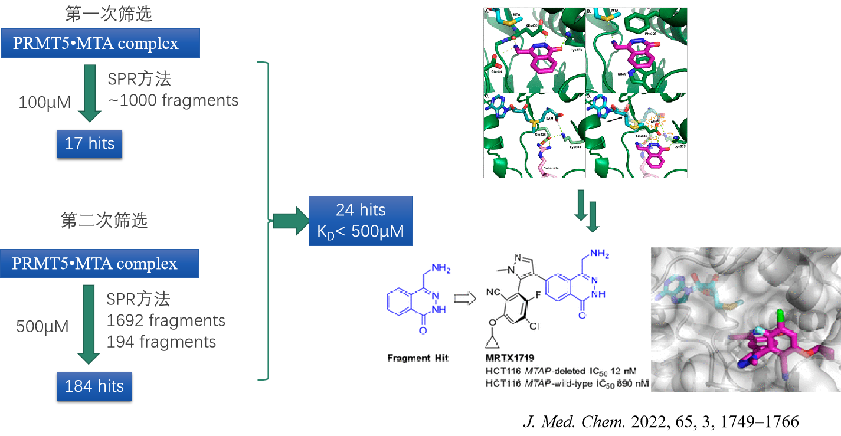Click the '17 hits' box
click(90, 143)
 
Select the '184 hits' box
click(94, 386)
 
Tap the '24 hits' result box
click(361, 221)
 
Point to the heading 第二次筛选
click(104, 221)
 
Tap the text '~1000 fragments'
click(173, 100)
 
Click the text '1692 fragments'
click(166, 320)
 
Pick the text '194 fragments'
click(161, 342)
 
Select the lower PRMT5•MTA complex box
click(100, 263)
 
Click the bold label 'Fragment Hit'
click(417, 358)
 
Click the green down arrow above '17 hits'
click(90, 93)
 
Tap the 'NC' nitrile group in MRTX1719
click(494, 292)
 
